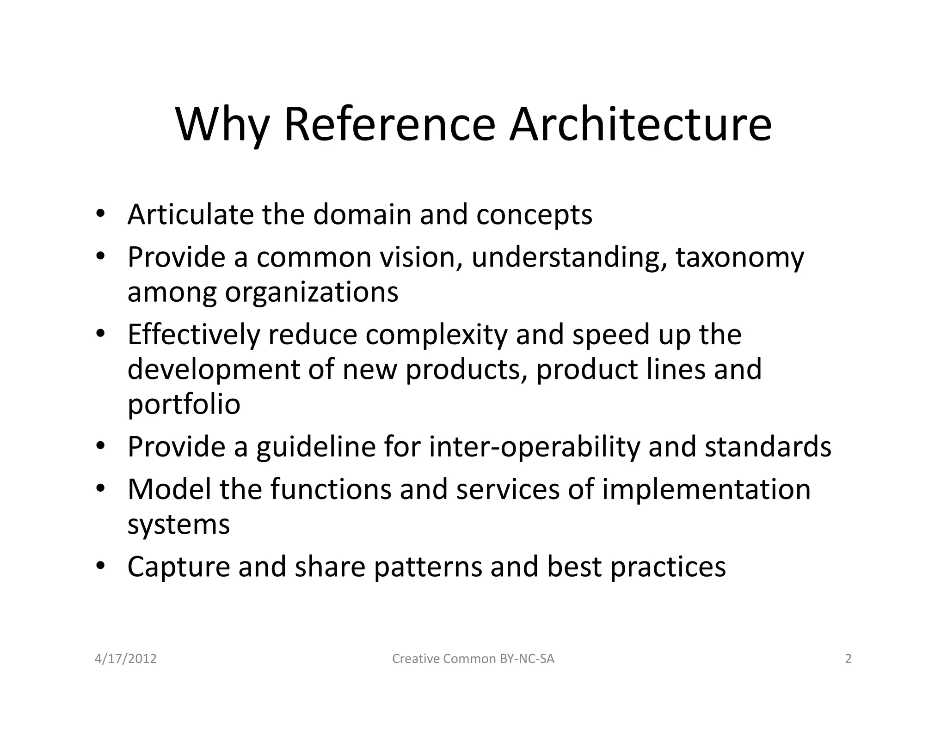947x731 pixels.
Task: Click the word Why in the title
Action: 222,125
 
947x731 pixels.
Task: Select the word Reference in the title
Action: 389,125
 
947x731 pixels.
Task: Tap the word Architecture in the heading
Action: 640,125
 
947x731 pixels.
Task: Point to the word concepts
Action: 534,215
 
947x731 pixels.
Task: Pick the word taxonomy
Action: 740,258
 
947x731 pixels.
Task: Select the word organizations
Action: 311,292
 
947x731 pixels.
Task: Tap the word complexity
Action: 437,335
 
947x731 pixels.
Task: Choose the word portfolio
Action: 184,405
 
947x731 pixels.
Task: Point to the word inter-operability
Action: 534,447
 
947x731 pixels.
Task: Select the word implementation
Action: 706,489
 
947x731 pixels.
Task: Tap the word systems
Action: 178,525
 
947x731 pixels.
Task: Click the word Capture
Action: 178,567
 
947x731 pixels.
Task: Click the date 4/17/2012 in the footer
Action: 126,658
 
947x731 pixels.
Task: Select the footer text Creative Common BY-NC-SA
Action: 473,658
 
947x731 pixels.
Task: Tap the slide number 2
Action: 848,658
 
